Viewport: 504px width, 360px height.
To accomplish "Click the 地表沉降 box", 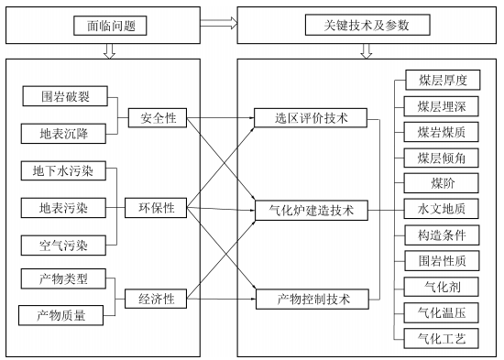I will pyautogui.click(x=63, y=134).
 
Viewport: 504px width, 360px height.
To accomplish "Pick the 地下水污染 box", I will pyautogui.click(x=63, y=171).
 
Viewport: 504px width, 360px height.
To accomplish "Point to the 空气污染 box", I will pyautogui.click(x=63, y=245).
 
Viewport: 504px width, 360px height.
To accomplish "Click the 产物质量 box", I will pyautogui.click(x=63, y=315).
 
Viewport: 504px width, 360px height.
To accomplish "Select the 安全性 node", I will pyautogui.click(x=158, y=117).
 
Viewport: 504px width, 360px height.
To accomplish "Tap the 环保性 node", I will pyautogui.click(x=158, y=209).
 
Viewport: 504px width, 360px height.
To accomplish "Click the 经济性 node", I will pyautogui.click(x=158, y=298).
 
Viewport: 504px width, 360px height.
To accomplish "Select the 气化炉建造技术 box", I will pyautogui.click(x=312, y=210).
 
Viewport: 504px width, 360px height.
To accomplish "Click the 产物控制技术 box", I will pyautogui.click(x=312, y=299).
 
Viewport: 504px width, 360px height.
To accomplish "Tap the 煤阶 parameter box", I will pyautogui.click(x=442, y=183).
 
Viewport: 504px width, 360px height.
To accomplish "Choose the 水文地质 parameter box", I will pyautogui.click(x=442, y=210).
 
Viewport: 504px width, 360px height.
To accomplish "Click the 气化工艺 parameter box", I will pyautogui.click(x=442, y=338).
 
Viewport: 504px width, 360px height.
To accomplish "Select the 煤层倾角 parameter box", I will pyautogui.click(x=442, y=158).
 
